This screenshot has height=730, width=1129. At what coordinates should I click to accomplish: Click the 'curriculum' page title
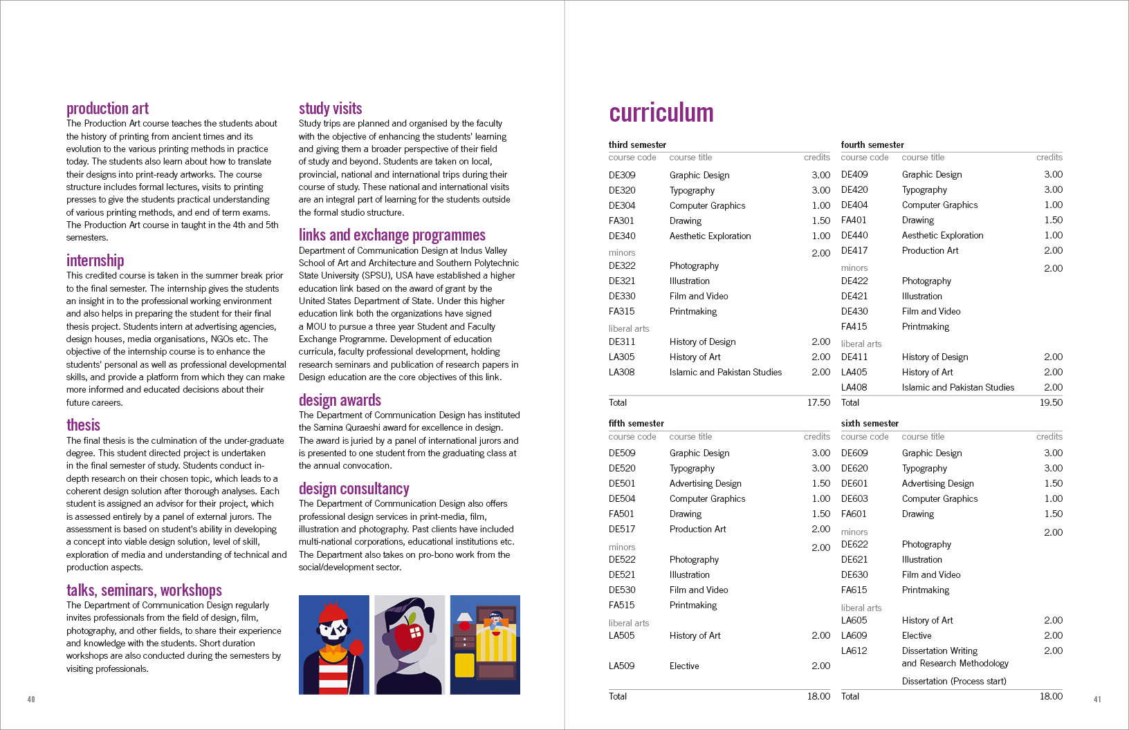pyautogui.click(x=661, y=113)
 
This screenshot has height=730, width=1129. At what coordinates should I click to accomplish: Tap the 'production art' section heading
pyautogui.click(x=107, y=109)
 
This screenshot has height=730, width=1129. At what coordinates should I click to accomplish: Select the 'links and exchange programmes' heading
pyautogui.click(x=392, y=235)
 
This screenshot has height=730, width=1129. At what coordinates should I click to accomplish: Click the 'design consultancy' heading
pyautogui.click(x=354, y=489)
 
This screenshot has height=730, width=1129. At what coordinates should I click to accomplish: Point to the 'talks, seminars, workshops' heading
pyautogui.click(x=144, y=590)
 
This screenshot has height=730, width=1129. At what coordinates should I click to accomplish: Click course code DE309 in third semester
pyautogui.click(x=622, y=176)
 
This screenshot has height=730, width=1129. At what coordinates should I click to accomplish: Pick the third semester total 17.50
pyautogui.click(x=818, y=402)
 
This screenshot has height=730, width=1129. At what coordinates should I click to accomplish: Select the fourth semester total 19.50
pyautogui.click(x=1051, y=402)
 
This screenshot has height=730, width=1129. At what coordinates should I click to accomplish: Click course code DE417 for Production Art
pyautogui.click(x=854, y=250)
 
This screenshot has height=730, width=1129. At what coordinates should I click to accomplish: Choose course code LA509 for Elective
pyautogui.click(x=621, y=666)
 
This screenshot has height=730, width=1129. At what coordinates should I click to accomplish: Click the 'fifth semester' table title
pyautogui.click(x=636, y=423)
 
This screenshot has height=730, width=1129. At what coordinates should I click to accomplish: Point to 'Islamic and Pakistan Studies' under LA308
pyautogui.click(x=725, y=372)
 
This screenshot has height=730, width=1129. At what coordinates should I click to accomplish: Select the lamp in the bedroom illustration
pyautogui.click(x=465, y=617)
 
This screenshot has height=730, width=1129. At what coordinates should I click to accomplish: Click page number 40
pyautogui.click(x=31, y=700)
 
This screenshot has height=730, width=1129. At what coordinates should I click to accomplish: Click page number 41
pyautogui.click(x=1097, y=700)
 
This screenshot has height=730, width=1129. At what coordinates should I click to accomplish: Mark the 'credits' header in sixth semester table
pyautogui.click(x=1049, y=436)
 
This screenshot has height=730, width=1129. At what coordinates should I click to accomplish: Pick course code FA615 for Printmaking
pyautogui.click(x=854, y=590)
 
